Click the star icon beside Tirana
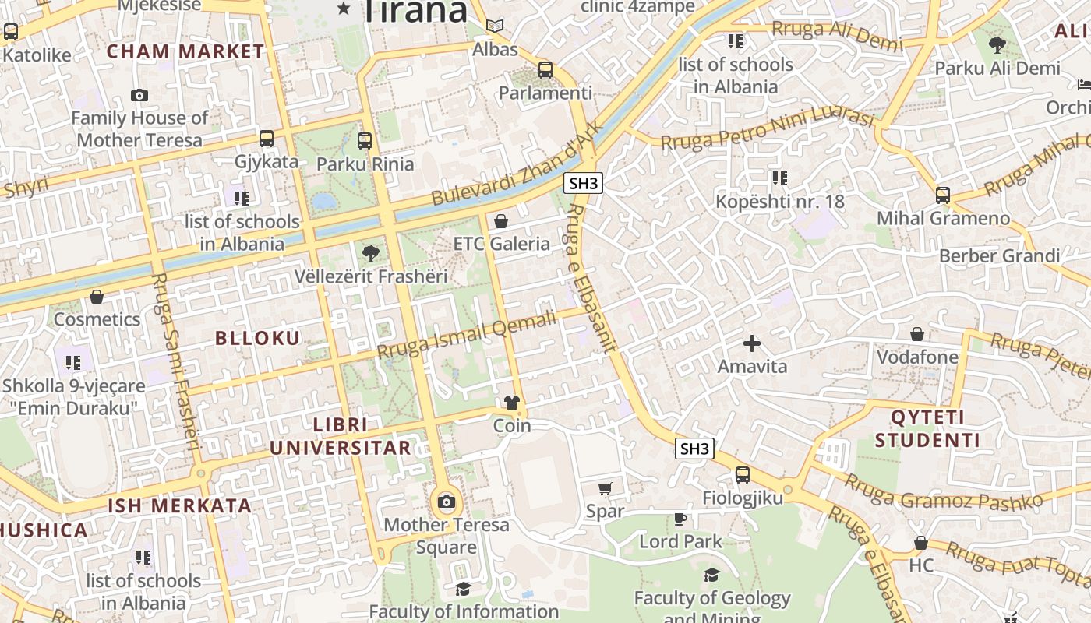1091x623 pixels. point(344,9)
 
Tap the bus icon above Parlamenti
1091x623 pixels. point(545,69)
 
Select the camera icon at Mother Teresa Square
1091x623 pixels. point(447,502)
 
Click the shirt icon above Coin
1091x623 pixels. point(511,403)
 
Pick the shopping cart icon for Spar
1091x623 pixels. point(605,488)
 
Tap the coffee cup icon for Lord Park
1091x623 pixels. point(680,519)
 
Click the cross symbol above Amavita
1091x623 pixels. point(752,343)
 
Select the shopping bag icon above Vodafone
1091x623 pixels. point(917,334)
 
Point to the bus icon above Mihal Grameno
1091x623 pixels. point(943,195)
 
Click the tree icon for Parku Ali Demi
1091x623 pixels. point(997,45)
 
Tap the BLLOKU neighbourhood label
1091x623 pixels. point(257,338)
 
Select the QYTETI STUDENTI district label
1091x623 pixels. point(927,428)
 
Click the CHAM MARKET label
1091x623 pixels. point(185,51)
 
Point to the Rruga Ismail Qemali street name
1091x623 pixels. point(468,334)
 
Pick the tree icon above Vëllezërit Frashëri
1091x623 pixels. point(371,253)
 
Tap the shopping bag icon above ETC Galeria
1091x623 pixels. point(501,221)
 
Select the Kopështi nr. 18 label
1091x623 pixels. point(780,202)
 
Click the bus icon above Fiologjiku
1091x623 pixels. point(743,474)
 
